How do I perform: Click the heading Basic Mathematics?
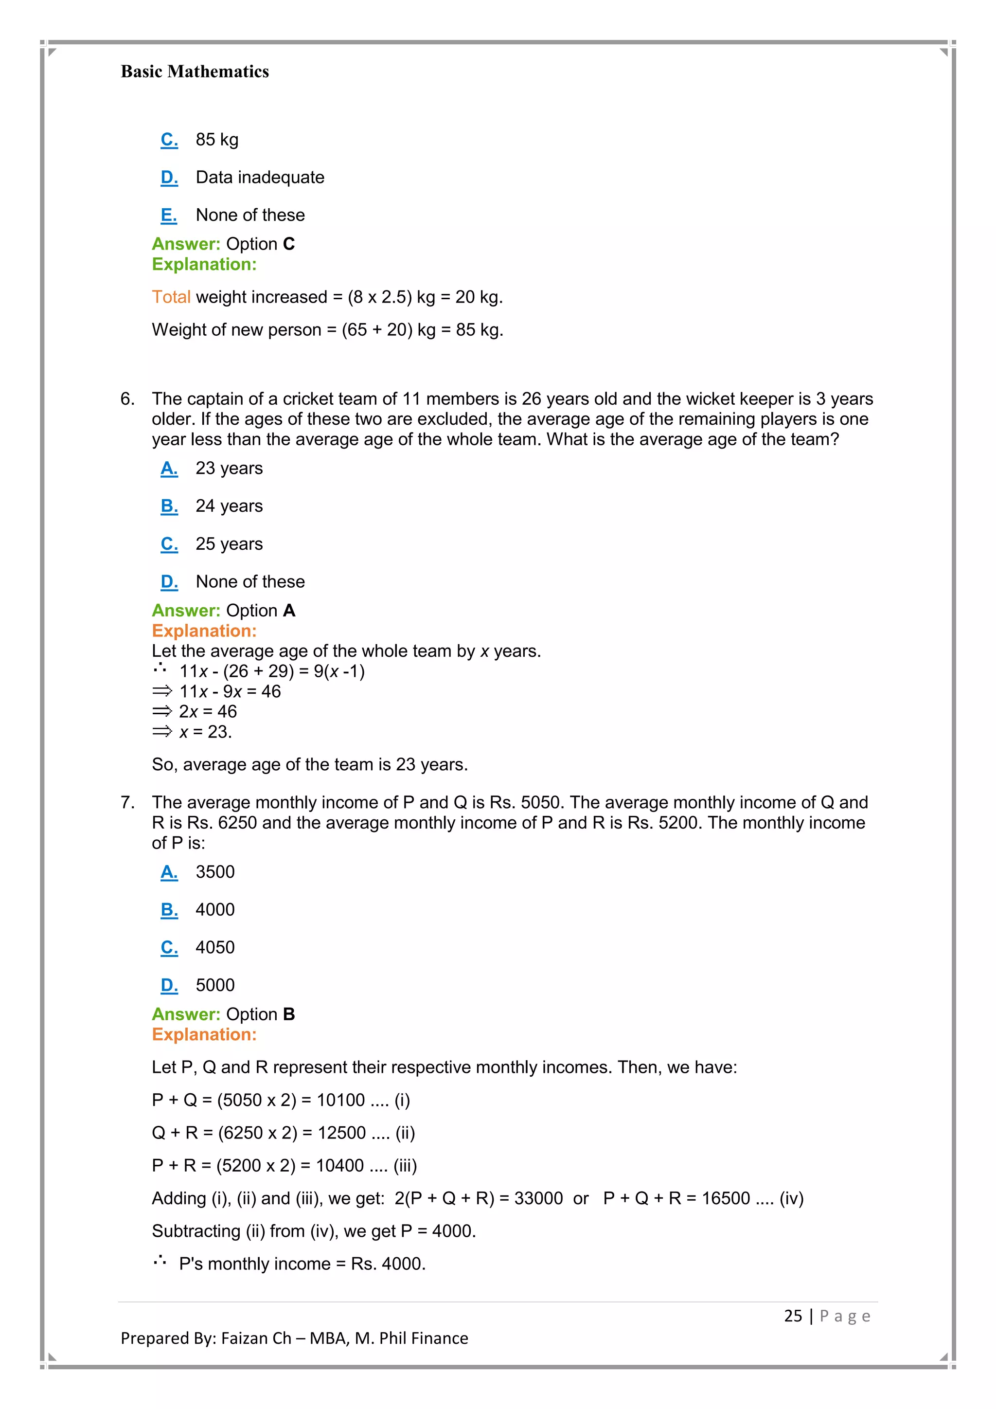[195, 72]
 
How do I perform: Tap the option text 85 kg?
[217, 140]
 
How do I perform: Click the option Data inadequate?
[260, 178]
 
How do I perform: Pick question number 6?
[127, 399]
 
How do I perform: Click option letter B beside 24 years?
[169, 506]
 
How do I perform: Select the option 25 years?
[229, 544]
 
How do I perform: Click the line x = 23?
[205, 732]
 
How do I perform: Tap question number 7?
[127, 803]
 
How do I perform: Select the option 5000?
[214, 986]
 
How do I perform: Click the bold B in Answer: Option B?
[289, 1014]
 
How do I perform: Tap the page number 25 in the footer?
[792, 1317]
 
